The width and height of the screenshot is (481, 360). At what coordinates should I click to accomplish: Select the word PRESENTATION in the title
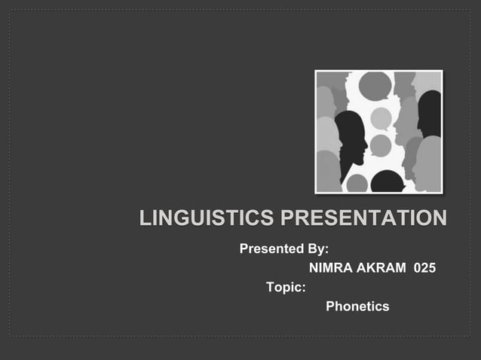point(363,219)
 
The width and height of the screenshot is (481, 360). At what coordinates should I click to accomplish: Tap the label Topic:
point(286,287)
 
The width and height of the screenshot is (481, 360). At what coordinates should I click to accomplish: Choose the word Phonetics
point(357,307)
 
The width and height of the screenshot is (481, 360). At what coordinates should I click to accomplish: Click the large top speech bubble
point(375,86)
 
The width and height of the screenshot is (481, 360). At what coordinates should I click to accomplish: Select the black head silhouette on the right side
point(430,113)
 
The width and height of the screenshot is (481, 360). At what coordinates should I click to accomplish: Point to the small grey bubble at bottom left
point(357,184)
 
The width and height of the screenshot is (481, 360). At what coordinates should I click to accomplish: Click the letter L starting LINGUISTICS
point(145,219)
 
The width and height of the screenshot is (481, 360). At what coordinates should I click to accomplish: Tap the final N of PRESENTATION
point(439,219)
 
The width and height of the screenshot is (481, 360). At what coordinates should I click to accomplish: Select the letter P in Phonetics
point(330,307)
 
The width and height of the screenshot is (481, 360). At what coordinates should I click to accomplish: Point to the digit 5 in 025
point(431,267)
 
